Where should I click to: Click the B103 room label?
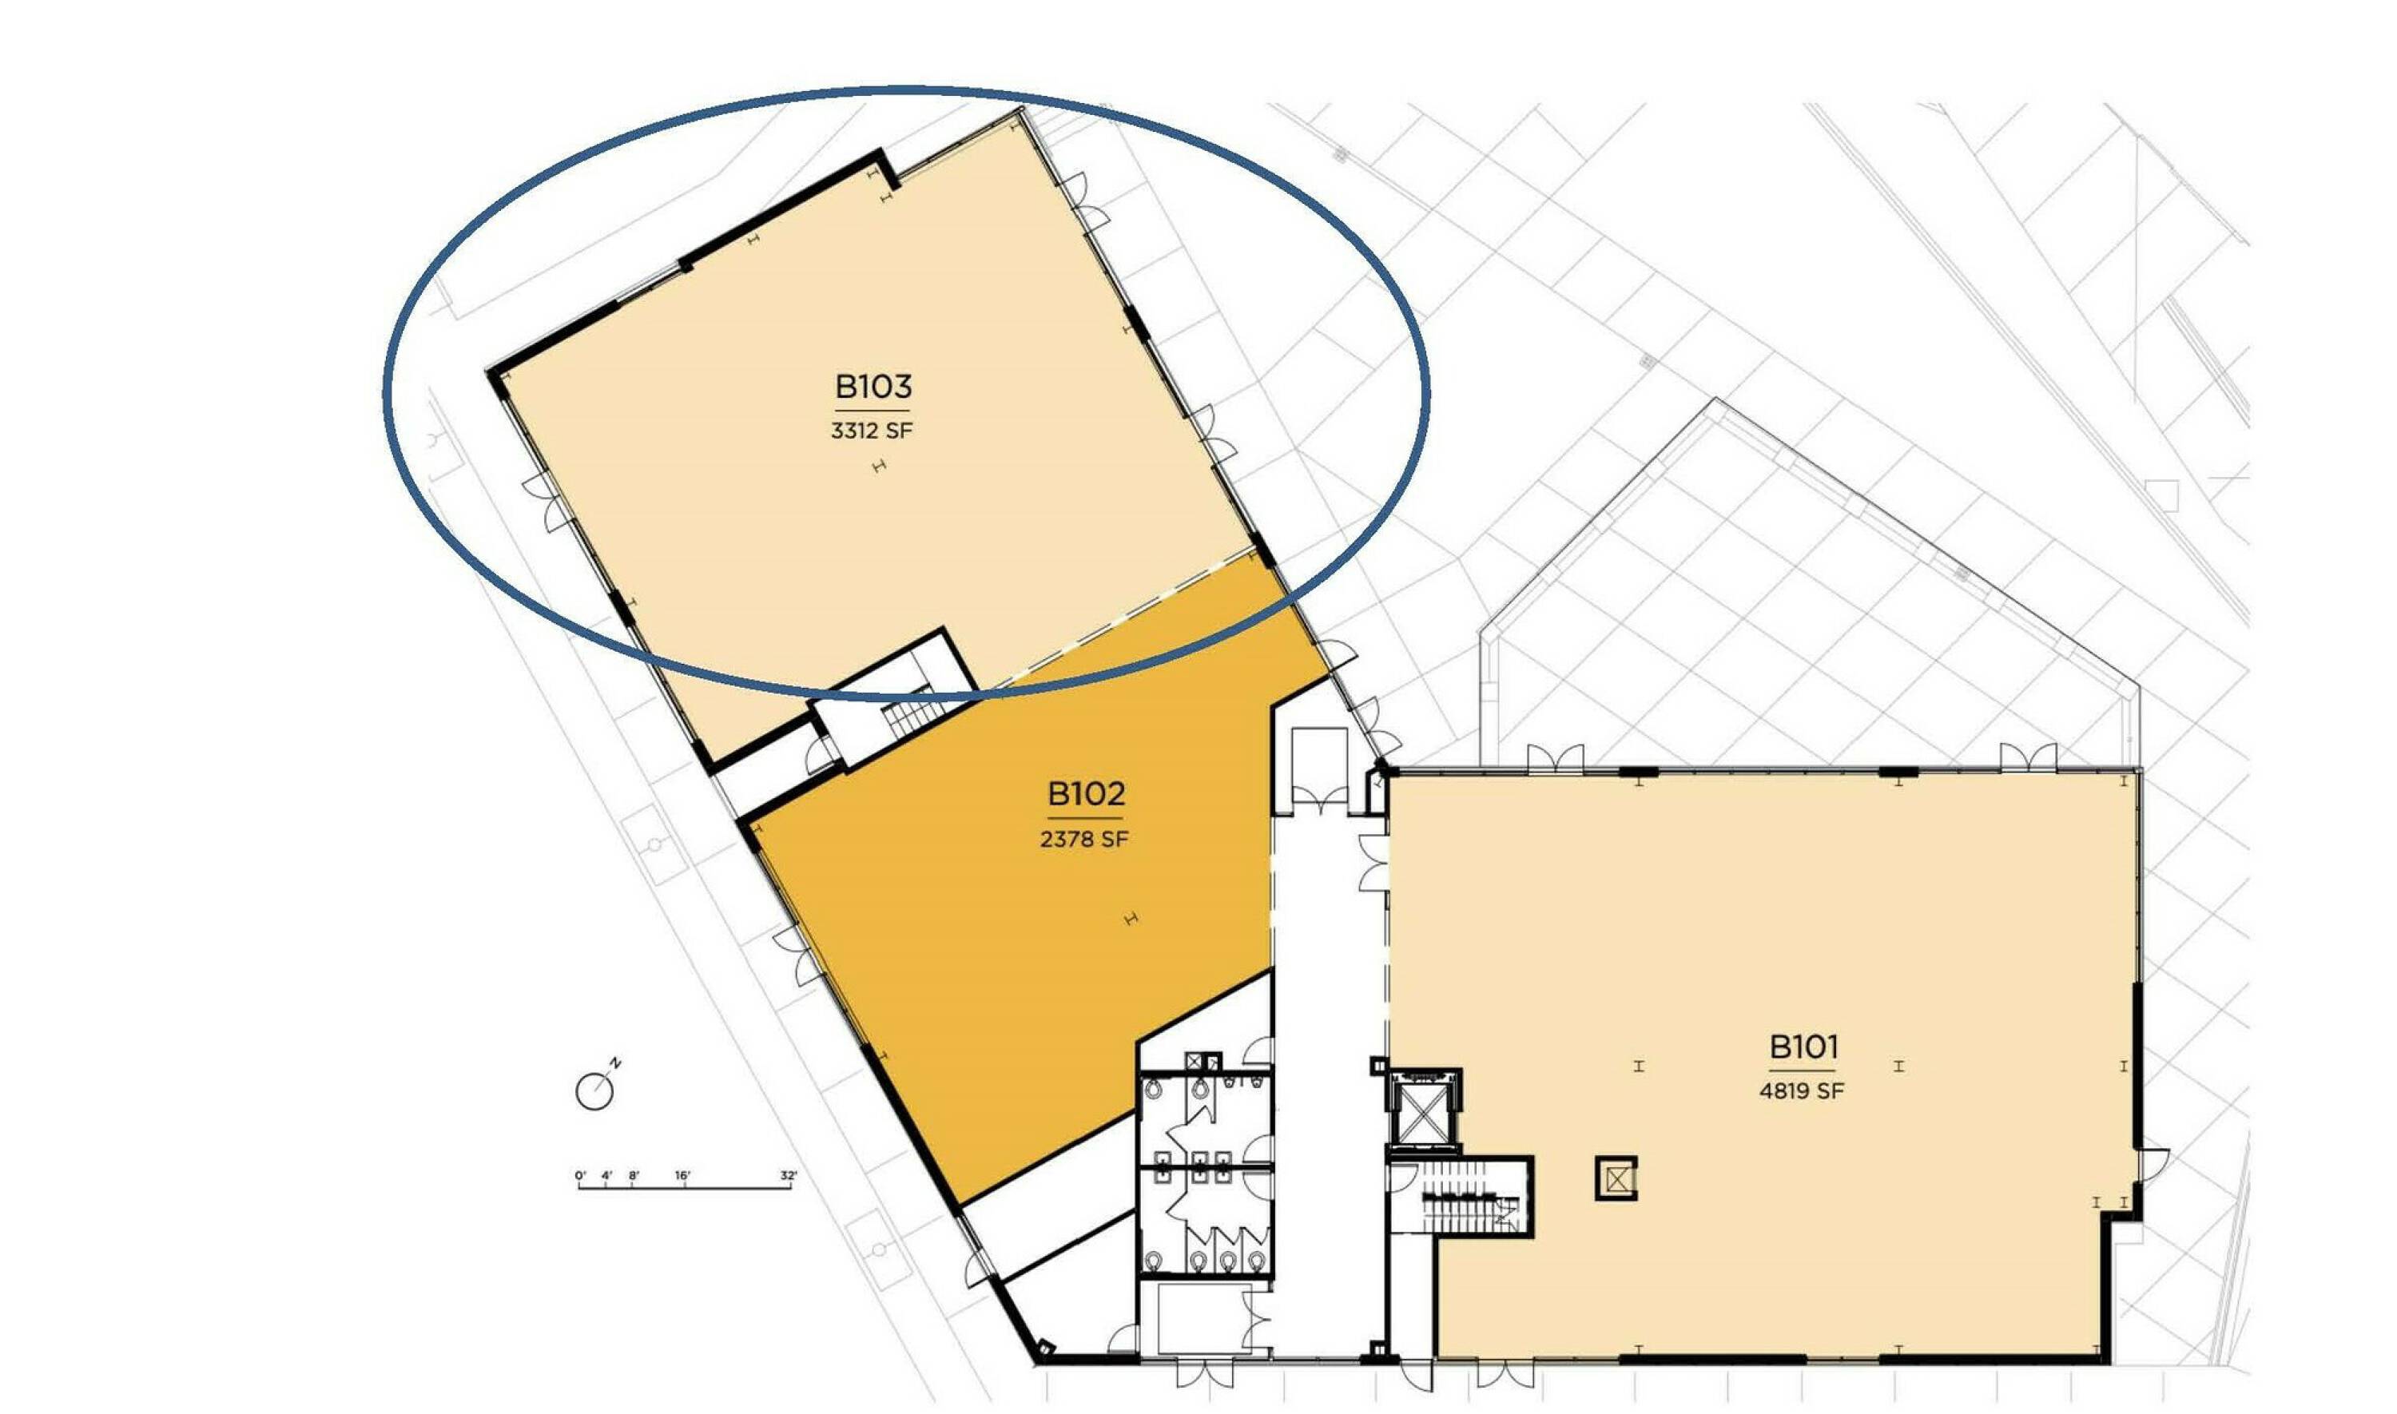(x=873, y=387)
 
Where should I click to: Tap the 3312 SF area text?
(x=871, y=431)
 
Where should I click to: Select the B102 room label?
(x=1086, y=794)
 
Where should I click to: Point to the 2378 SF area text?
(x=1084, y=840)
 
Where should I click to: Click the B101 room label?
(x=1803, y=1047)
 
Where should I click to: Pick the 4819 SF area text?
(x=1802, y=1091)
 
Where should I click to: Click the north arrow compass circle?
(x=594, y=1091)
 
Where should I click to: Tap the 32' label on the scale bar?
(x=789, y=1176)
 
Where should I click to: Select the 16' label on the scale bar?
(x=682, y=1176)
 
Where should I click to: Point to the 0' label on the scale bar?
(x=580, y=1176)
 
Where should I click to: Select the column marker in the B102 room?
(x=1131, y=919)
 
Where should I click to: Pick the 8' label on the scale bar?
(x=634, y=1176)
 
